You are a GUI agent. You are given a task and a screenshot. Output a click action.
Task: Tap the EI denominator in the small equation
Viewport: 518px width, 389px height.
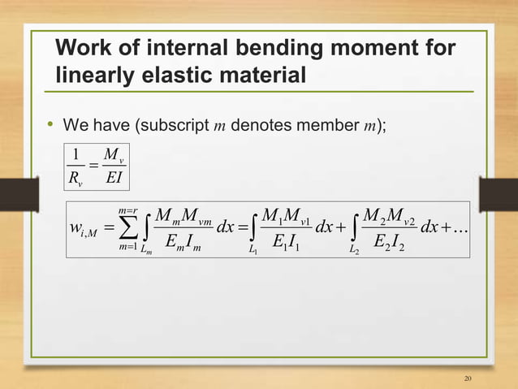(x=111, y=175)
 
